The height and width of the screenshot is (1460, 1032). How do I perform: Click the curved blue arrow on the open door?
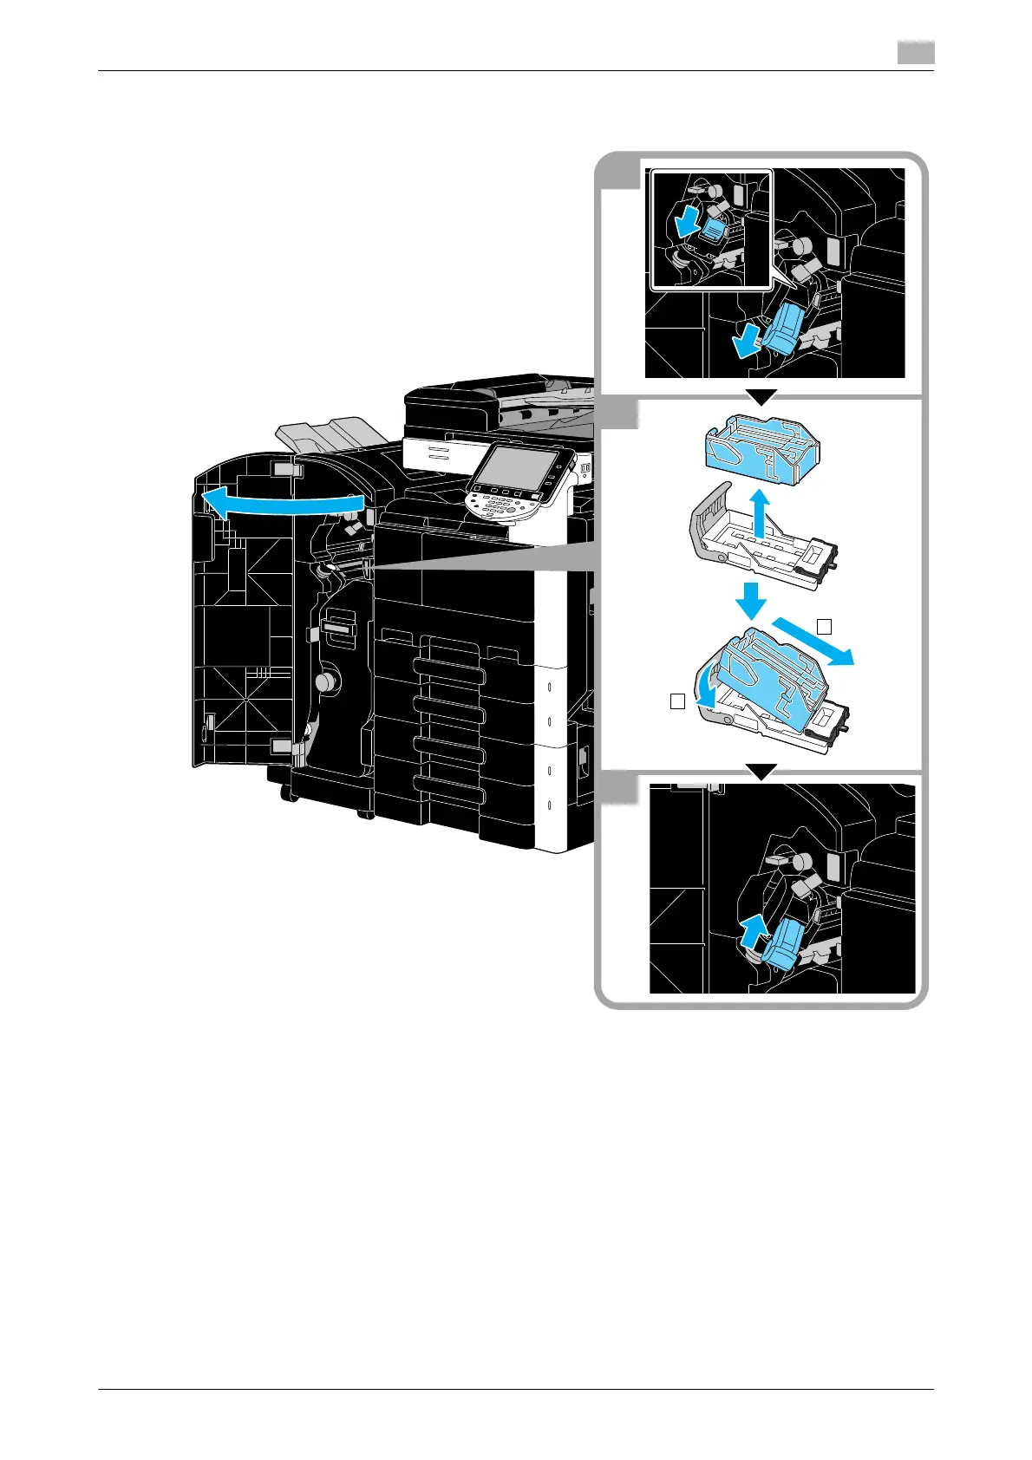click(x=278, y=504)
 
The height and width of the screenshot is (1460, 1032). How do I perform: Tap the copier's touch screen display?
click(x=517, y=469)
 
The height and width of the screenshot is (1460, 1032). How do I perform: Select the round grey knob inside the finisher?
click(x=326, y=682)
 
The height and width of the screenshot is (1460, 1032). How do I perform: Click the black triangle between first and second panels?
click(x=761, y=397)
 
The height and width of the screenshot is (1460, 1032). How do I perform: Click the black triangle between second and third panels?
click(x=761, y=771)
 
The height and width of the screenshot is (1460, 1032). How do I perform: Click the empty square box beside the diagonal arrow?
click(x=826, y=624)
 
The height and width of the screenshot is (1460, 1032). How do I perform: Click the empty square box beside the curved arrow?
click(x=678, y=701)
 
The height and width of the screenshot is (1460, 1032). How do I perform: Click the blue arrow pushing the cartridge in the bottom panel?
click(x=754, y=935)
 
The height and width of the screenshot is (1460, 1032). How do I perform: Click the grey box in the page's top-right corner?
click(x=915, y=55)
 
